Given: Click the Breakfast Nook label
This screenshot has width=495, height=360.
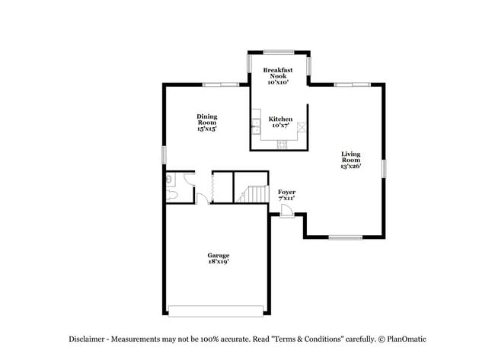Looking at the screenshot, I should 278,75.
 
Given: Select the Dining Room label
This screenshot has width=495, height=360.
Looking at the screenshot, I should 207,123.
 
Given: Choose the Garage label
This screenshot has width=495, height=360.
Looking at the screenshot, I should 219,257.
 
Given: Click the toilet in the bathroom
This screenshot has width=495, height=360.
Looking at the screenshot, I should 171,196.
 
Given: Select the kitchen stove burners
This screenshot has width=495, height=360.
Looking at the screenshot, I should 281,144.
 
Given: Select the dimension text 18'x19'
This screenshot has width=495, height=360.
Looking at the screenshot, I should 219,263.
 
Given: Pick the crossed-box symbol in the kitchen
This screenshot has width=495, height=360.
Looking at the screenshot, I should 302,127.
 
